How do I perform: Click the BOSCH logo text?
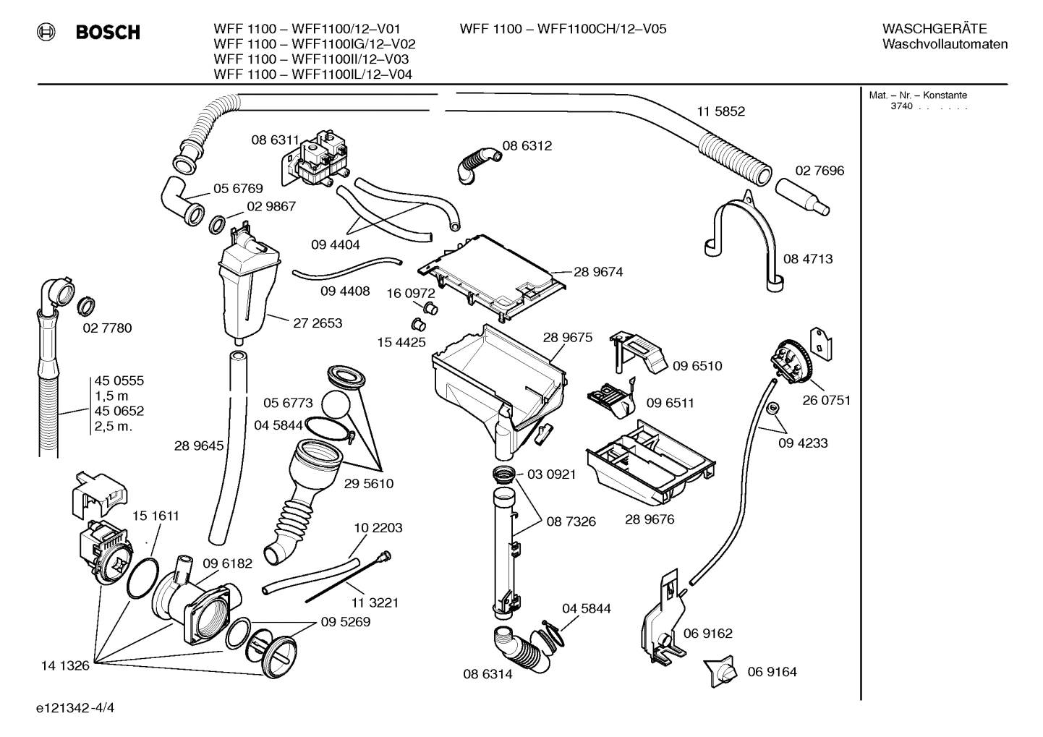pos(108,32)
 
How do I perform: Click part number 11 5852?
pos(720,111)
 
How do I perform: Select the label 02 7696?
pos(819,171)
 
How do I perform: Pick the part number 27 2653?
pos(318,323)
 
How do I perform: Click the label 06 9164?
pos(772,672)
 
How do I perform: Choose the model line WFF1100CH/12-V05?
pos(563,29)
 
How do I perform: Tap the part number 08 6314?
pos(488,674)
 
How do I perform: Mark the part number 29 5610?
pos(369,483)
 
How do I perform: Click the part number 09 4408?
pos(345,291)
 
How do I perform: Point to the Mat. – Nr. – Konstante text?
pos(918,95)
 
